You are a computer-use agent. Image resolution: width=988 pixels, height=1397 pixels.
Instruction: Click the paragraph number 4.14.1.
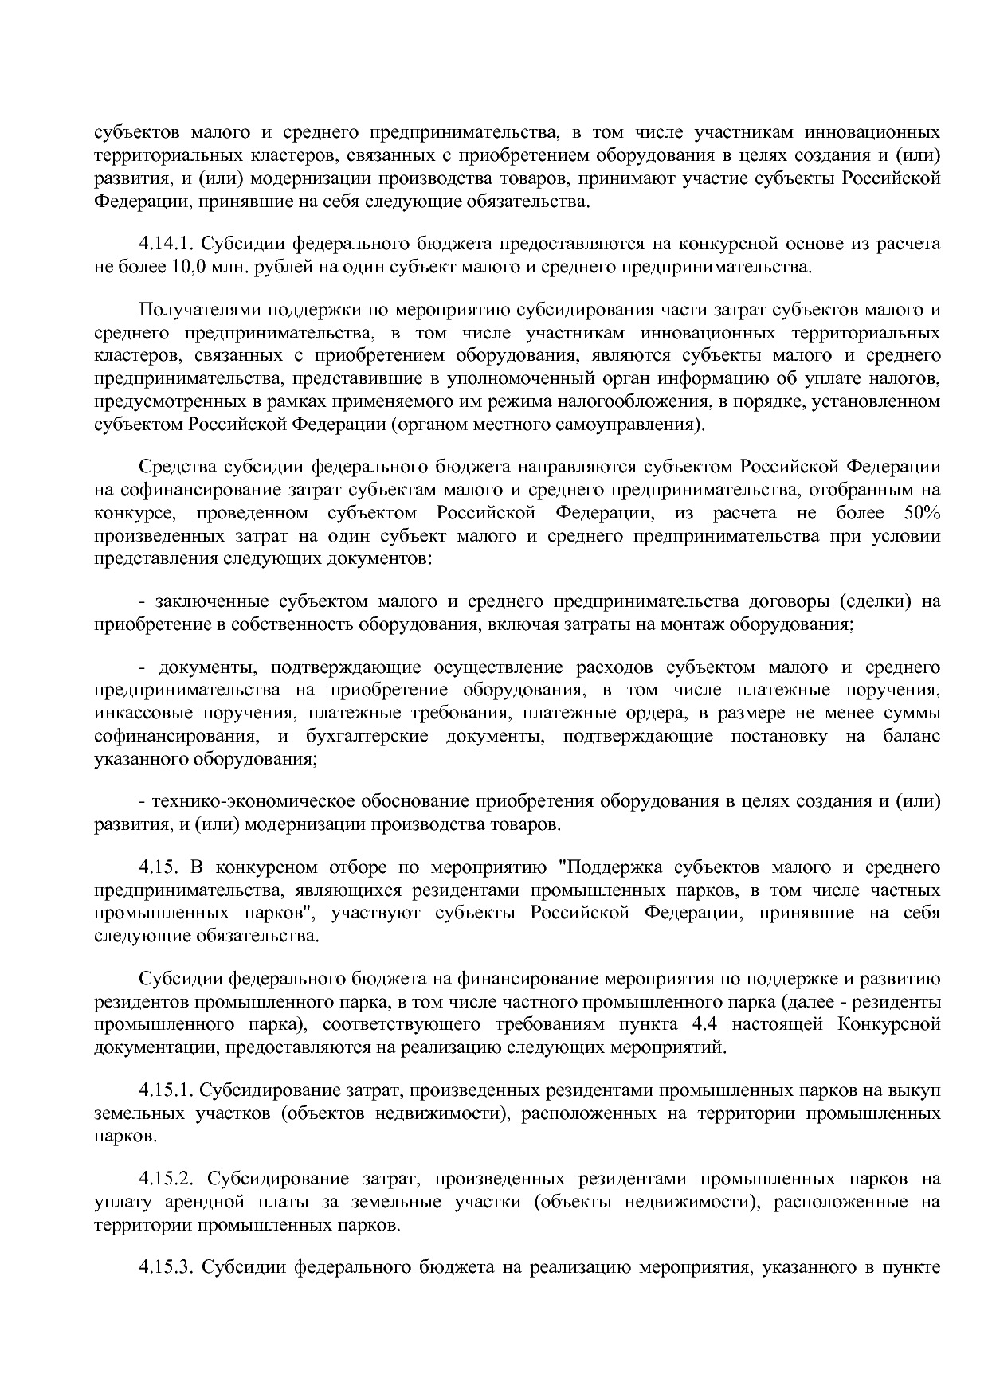166,244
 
